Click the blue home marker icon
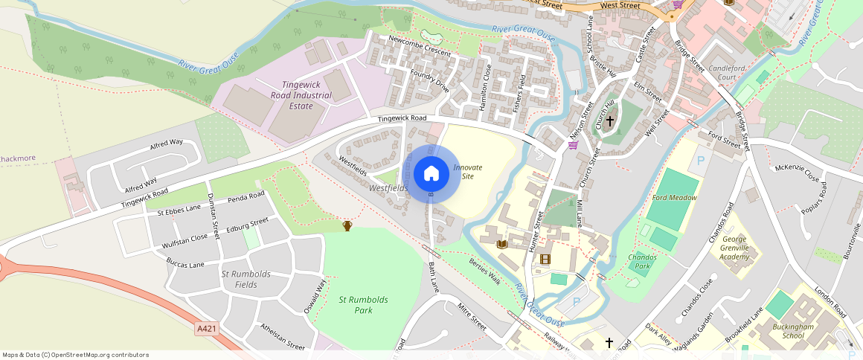point(431,174)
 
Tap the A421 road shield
point(208,328)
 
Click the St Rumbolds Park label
point(363,305)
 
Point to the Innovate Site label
point(468,172)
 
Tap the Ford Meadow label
point(674,198)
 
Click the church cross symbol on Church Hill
point(610,121)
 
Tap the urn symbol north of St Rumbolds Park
point(347,225)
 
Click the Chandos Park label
point(643,261)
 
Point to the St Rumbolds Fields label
point(246,279)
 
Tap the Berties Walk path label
point(485,271)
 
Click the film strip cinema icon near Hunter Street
point(545,259)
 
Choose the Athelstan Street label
point(282,336)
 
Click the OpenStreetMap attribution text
point(75,355)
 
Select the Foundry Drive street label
point(430,80)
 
